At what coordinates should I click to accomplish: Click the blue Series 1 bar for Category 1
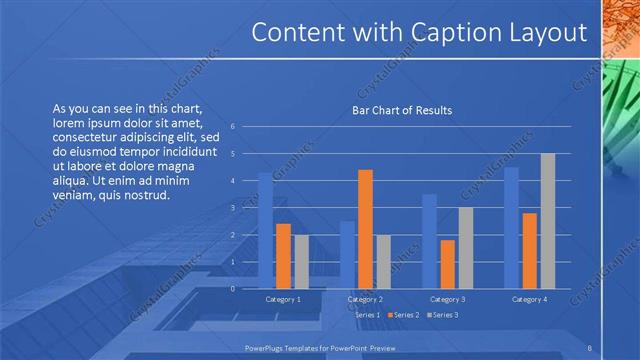pyautogui.click(x=265, y=231)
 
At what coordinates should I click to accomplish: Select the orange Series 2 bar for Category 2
pyautogui.click(x=365, y=229)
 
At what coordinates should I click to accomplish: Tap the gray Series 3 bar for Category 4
pyautogui.click(x=547, y=221)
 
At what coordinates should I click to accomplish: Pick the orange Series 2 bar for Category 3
pyautogui.click(x=447, y=264)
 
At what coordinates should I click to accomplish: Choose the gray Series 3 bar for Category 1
pyautogui.click(x=301, y=262)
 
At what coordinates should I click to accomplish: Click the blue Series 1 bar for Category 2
pyautogui.click(x=347, y=255)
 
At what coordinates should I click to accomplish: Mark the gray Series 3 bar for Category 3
pyautogui.click(x=465, y=248)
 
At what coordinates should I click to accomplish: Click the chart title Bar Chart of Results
pyautogui.click(x=402, y=110)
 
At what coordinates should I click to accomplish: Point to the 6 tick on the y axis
pyautogui.click(x=233, y=127)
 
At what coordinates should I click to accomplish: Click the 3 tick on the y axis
pyautogui.click(x=233, y=208)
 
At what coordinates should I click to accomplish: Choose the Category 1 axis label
pyautogui.click(x=283, y=299)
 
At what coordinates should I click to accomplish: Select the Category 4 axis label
pyautogui.click(x=529, y=299)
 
